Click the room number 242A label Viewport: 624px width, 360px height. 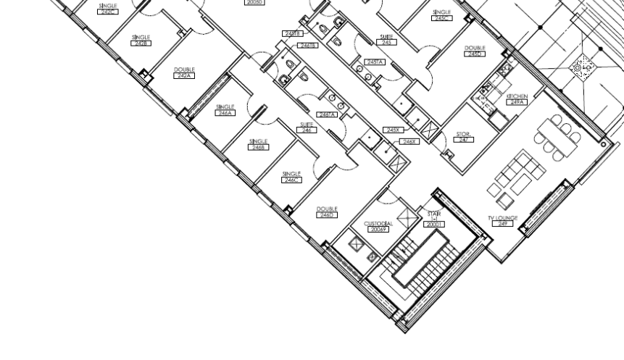(184, 76)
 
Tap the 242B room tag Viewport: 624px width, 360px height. (141, 43)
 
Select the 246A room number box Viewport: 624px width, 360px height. (225, 113)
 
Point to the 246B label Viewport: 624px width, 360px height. (258, 147)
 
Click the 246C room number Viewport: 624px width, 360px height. (291, 180)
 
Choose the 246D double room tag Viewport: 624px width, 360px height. (327, 215)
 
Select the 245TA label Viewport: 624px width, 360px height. (375, 62)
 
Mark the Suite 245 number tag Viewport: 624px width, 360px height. (386, 43)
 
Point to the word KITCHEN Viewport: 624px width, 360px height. (517, 96)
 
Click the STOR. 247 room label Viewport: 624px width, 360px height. (464, 139)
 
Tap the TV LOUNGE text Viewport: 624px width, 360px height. (502, 218)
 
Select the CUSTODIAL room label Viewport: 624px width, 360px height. (378, 224)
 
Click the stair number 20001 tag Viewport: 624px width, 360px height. (435, 225)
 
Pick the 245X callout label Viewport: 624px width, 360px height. (393, 130)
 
